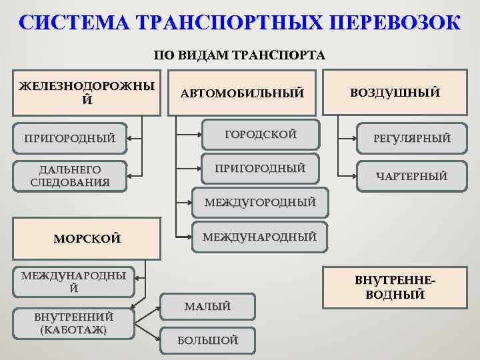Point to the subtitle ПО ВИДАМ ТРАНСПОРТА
click(239, 55)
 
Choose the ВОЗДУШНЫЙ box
click(395, 93)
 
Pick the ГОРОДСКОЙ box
click(261, 135)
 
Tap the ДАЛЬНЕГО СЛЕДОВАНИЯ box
click(71, 175)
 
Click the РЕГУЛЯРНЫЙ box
click(411, 139)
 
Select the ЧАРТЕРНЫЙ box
click(411, 177)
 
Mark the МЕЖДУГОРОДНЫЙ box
click(260, 202)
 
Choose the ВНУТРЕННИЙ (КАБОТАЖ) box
click(74, 323)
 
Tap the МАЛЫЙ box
click(208, 307)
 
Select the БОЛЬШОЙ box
click(208, 341)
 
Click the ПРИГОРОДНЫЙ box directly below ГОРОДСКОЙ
click(261, 168)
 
